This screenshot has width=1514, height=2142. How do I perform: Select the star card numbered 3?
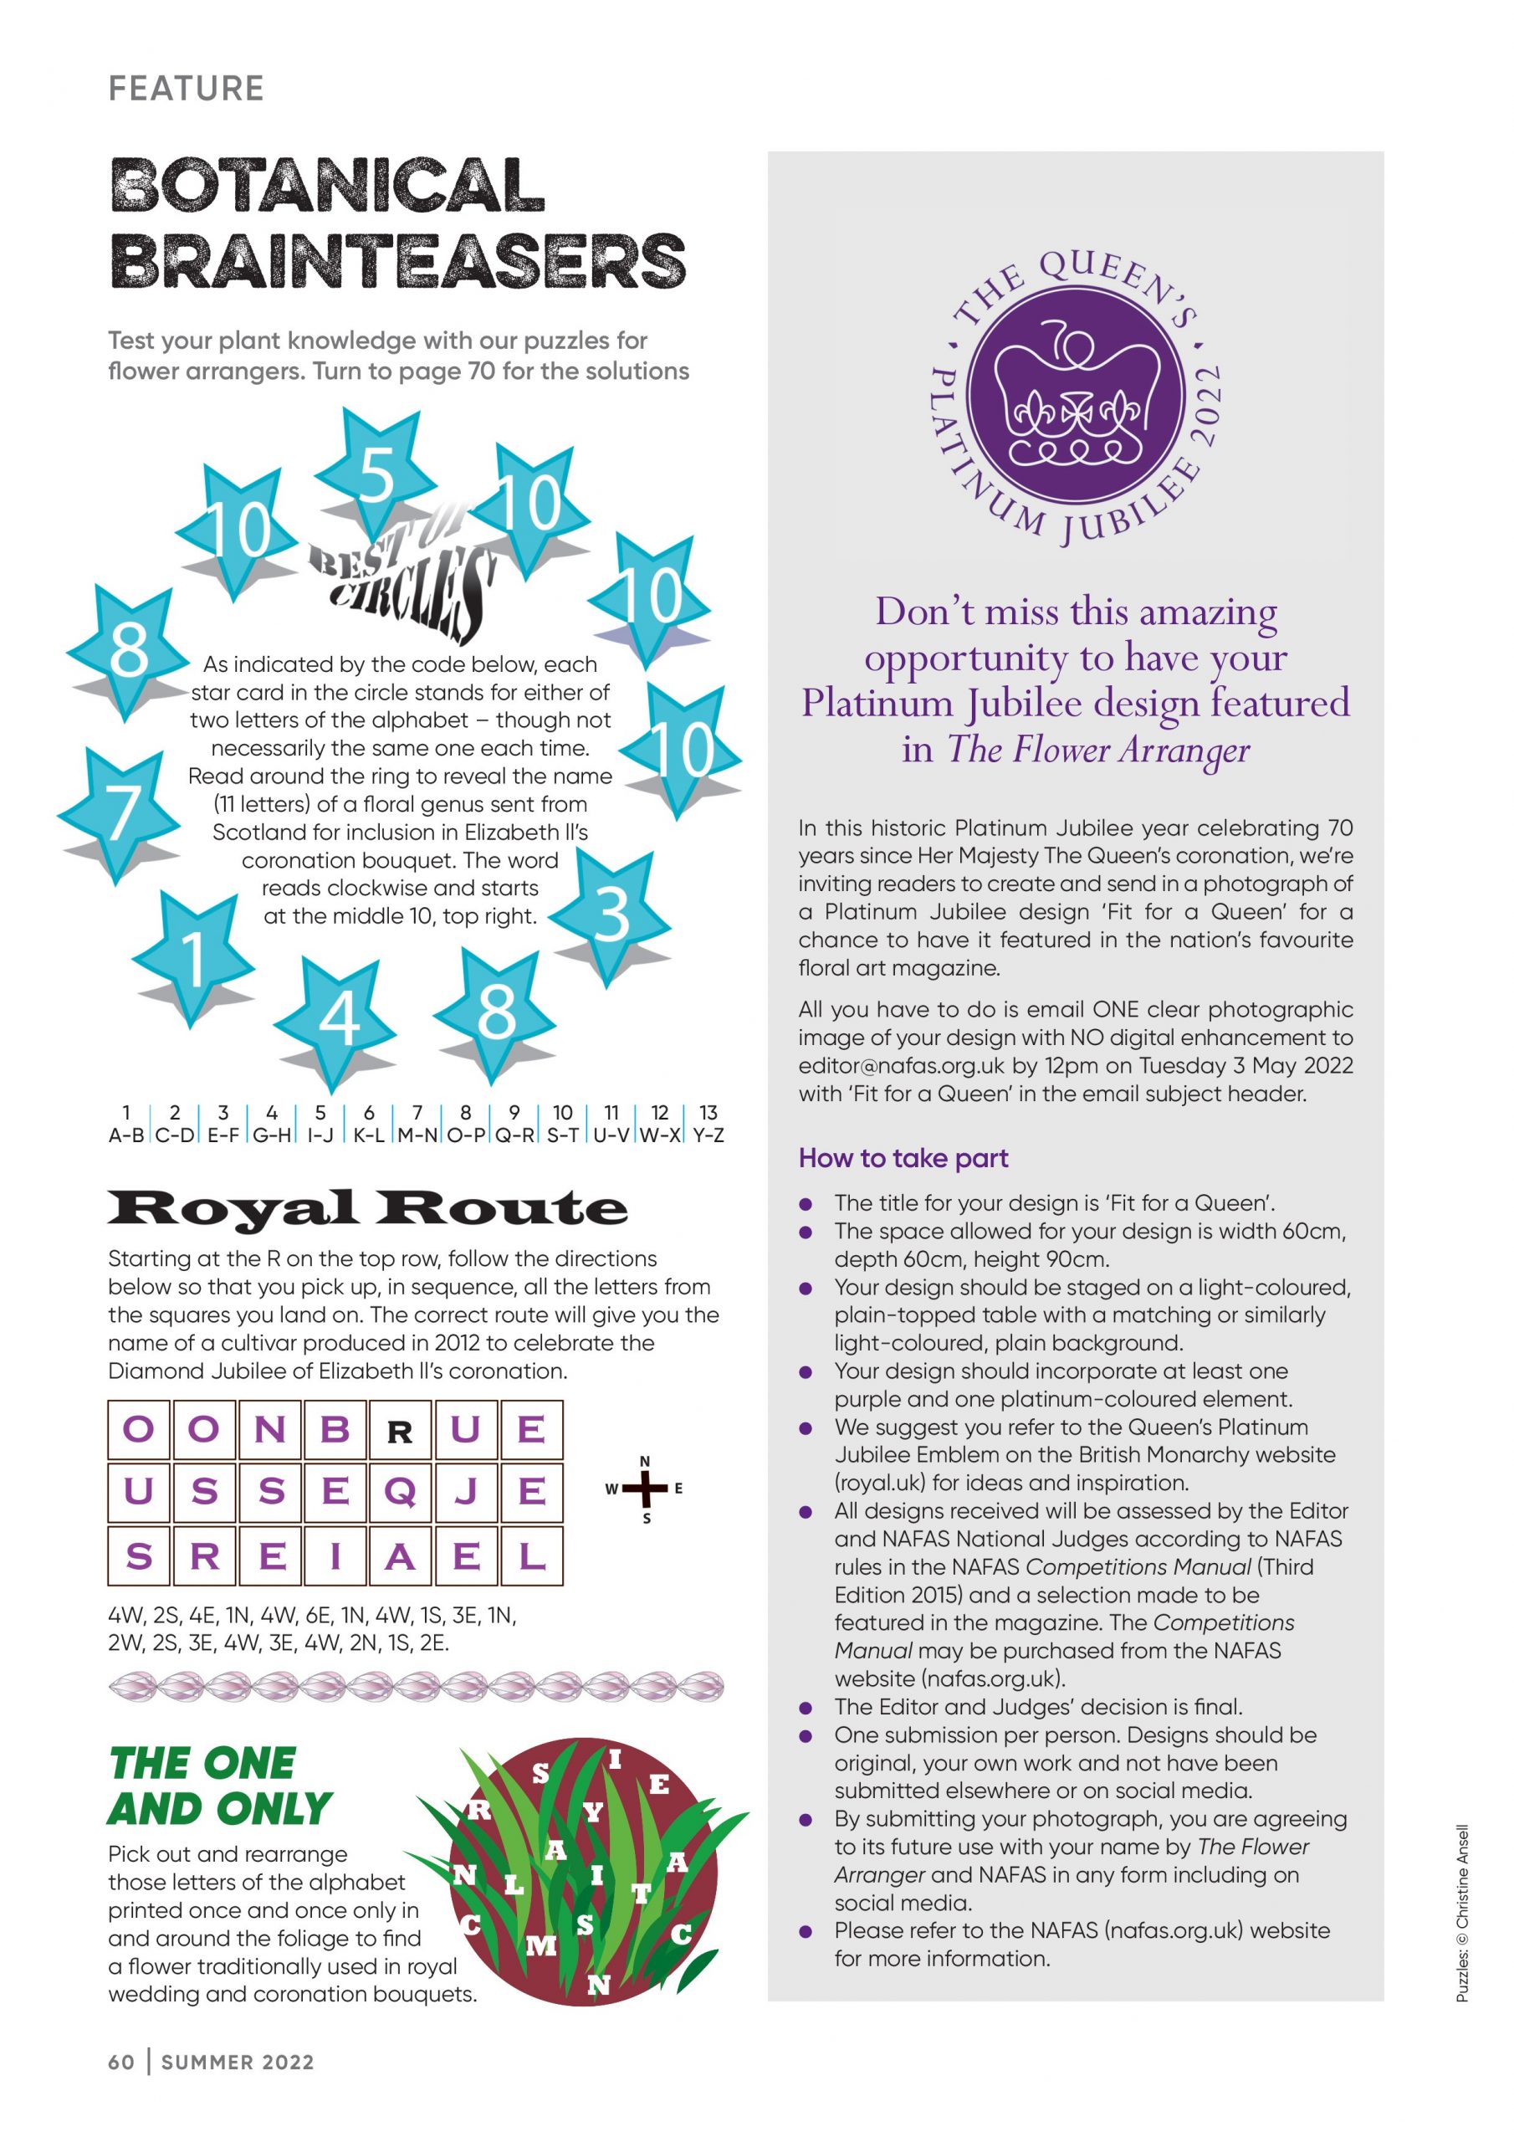pyautogui.click(x=611, y=915)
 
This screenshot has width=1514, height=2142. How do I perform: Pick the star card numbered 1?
pyautogui.click(x=193, y=956)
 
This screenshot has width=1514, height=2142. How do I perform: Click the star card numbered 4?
pyautogui.click(x=338, y=1017)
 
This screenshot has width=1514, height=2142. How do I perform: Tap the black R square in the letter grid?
pyautogui.click(x=400, y=1431)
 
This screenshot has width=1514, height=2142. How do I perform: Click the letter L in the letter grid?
pyautogui.click(x=531, y=1555)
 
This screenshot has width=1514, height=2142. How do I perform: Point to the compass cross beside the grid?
pyautogui.click(x=645, y=1489)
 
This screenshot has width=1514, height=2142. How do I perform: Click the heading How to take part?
pyautogui.click(x=903, y=1158)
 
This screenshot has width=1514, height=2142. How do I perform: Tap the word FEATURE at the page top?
pyautogui.click(x=187, y=89)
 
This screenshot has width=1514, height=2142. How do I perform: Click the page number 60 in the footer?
pyautogui.click(x=121, y=2062)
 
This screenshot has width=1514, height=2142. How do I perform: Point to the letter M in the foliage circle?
pyautogui.click(x=541, y=1946)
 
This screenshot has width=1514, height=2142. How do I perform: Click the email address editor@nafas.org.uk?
pyautogui.click(x=902, y=1065)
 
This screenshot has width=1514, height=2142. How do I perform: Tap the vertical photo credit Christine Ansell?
pyautogui.click(x=1462, y=1913)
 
